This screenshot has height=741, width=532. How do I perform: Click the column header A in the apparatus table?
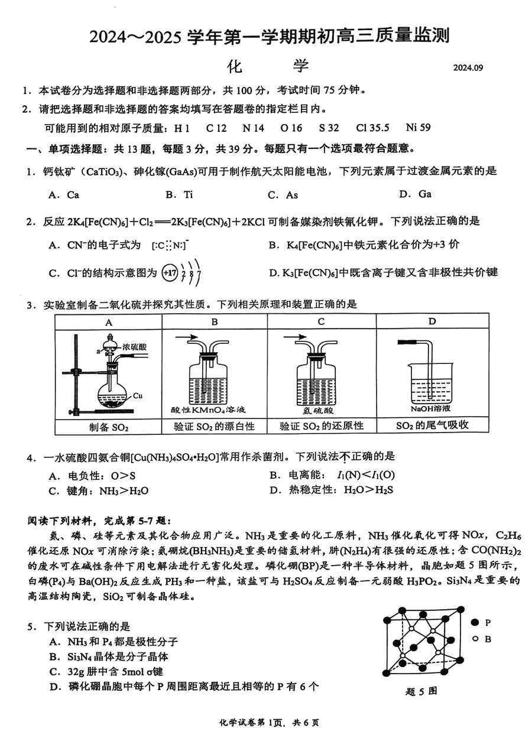pyautogui.click(x=108, y=321)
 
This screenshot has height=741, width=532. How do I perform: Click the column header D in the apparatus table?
pyautogui.click(x=432, y=321)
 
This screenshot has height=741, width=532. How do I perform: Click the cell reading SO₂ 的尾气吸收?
pyautogui.click(x=432, y=425)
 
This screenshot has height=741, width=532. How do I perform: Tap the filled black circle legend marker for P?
pyautogui.click(x=475, y=622)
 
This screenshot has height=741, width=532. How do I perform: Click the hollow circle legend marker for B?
pyautogui.click(x=475, y=639)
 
